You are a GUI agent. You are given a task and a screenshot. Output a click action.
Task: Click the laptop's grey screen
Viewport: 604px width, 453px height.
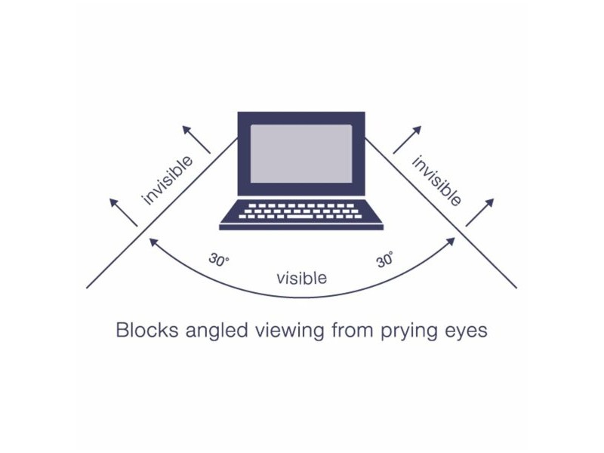click(x=301, y=153)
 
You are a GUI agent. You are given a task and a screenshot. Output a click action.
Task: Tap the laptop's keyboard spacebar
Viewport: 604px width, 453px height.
click(x=300, y=217)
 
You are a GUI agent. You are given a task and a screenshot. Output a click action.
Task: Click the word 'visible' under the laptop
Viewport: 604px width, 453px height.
click(x=301, y=278)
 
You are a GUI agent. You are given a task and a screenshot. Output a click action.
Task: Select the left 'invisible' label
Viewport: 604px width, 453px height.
click(x=167, y=180)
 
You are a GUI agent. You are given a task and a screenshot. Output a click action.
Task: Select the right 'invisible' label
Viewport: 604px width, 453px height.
click(x=436, y=180)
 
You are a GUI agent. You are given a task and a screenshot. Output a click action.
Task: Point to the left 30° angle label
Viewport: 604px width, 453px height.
click(x=219, y=260)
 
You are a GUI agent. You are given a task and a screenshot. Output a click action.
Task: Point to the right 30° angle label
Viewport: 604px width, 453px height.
click(x=385, y=259)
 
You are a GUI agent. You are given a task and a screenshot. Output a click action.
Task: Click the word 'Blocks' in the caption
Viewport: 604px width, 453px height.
click(x=146, y=330)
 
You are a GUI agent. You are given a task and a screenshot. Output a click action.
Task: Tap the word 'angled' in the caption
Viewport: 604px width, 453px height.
click(x=216, y=331)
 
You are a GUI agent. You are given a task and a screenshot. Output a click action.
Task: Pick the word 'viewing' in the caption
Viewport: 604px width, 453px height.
click(x=289, y=331)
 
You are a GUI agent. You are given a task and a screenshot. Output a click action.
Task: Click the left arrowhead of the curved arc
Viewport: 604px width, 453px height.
click(x=153, y=242)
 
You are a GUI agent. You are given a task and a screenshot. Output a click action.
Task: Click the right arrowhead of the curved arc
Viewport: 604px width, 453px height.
click(x=451, y=242)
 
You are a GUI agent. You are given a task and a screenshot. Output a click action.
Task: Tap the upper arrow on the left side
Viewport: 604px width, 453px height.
click(x=196, y=140)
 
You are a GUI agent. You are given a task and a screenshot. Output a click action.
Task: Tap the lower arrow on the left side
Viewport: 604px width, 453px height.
click(x=123, y=212)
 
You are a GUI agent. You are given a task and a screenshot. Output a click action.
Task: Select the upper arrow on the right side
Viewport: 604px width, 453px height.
click(x=407, y=140)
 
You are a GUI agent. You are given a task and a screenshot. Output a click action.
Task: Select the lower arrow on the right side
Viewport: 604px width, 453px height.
click(x=479, y=212)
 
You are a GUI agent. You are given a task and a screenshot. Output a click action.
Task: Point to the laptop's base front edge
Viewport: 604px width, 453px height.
click(x=301, y=227)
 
